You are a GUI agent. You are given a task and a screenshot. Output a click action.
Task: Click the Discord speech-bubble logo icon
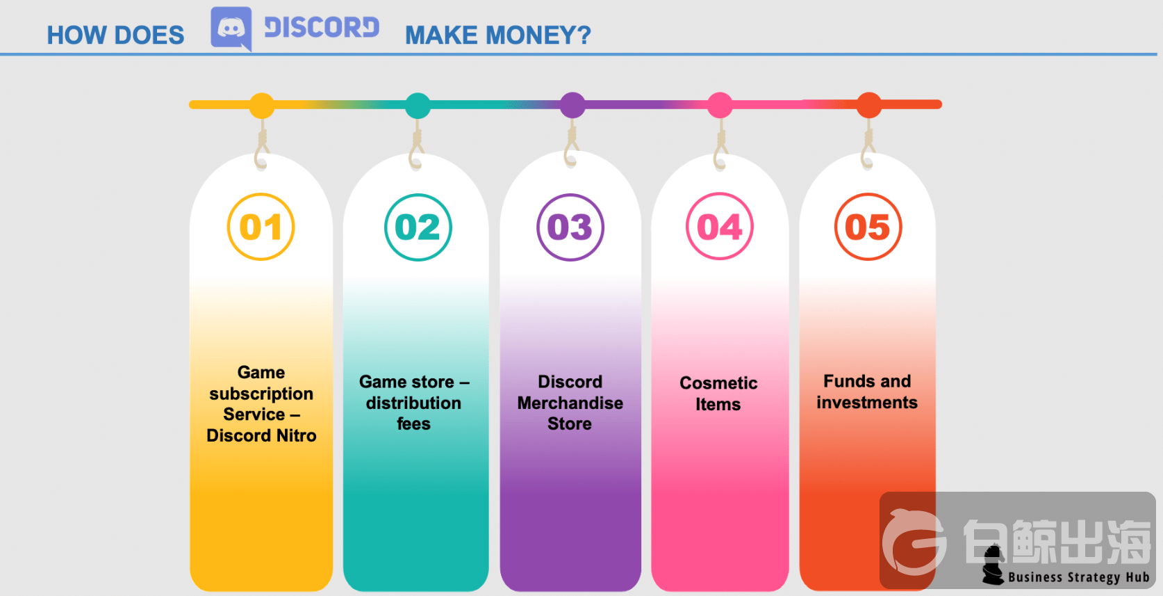point(231,29)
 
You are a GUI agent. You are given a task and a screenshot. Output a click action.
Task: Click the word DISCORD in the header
point(322,27)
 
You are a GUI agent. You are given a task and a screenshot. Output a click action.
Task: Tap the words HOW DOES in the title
point(115,35)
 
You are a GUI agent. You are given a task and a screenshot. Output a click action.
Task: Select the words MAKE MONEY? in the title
point(498,35)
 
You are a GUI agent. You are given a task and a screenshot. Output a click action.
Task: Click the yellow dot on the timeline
point(262,106)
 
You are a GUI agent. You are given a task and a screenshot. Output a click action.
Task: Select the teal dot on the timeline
point(418,106)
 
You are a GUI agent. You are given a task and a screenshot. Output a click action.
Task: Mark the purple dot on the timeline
point(572,105)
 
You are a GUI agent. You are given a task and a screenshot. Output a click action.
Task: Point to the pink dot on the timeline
point(720,105)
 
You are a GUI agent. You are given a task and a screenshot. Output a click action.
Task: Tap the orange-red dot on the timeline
point(869,105)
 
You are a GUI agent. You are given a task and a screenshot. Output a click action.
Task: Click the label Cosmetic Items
point(718,394)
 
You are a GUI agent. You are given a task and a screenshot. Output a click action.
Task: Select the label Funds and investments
point(867,392)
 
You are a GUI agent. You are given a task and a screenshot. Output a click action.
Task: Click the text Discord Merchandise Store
point(570,403)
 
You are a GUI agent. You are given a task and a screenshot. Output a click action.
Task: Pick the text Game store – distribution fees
point(414,403)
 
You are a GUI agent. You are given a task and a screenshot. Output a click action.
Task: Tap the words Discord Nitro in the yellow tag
point(261,435)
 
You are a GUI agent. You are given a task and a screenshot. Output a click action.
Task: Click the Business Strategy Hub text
point(1079,577)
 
